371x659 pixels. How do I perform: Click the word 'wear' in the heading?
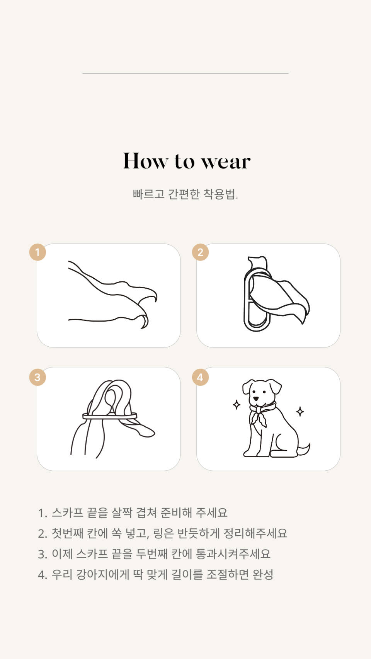click(x=226, y=162)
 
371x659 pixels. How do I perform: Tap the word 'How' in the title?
click(x=145, y=161)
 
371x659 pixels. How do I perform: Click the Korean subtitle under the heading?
click(x=185, y=194)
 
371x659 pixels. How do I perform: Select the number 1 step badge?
click(x=37, y=252)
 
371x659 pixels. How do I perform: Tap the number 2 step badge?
click(x=200, y=252)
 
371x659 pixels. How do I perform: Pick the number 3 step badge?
click(x=37, y=377)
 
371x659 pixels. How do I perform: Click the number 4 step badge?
click(x=200, y=377)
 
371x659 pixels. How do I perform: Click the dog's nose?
click(x=256, y=398)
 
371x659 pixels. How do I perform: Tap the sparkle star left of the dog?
click(x=237, y=405)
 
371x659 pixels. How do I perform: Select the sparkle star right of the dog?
click(x=300, y=411)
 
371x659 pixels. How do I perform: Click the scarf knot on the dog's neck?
click(x=258, y=410)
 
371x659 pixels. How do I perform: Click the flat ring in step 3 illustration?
click(x=110, y=416)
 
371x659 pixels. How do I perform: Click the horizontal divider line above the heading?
click(x=185, y=73)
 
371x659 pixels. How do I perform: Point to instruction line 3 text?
click(x=154, y=554)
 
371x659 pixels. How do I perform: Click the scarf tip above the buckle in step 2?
click(x=258, y=262)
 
